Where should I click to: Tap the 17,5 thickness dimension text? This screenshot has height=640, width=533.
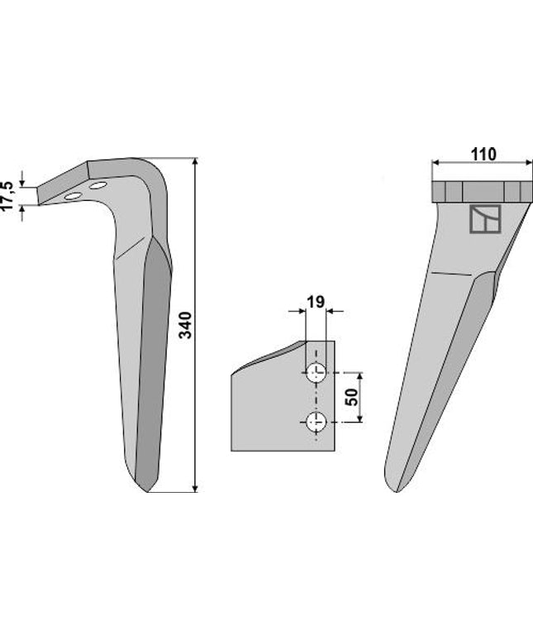[x=7, y=192]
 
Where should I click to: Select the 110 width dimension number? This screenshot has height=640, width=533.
[x=483, y=154]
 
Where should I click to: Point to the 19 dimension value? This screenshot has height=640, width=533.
[x=315, y=302]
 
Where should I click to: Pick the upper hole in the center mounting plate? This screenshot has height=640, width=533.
[x=315, y=373]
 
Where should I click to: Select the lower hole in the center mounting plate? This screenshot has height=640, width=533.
[x=315, y=422]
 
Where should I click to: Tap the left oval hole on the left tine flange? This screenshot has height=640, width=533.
[x=74, y=196]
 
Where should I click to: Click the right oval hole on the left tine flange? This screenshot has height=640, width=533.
[x=98, y=186]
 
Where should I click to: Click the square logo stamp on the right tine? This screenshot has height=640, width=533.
[x=484, y=219]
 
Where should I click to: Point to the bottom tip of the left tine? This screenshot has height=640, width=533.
[x=146, y=490]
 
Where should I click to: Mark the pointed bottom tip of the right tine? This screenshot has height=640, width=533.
[x=397, y=491]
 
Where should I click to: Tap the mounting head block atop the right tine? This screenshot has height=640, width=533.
[x=479, y=191]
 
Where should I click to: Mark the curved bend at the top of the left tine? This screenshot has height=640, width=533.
[x=157, y=178]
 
